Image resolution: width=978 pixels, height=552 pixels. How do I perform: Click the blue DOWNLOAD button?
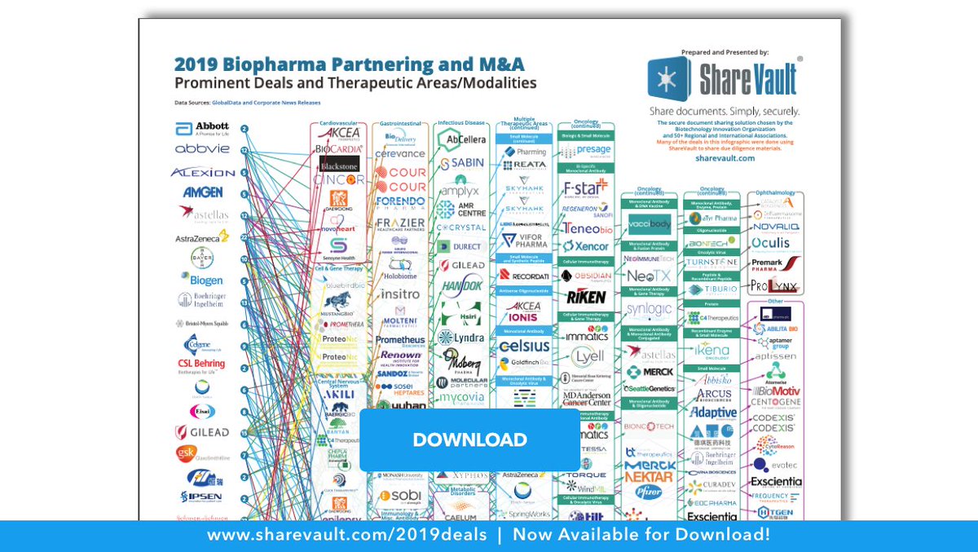pyautogui.click(x=469, y=439)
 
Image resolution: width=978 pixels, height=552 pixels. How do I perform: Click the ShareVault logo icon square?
pyautogui.click(x=669, y=78)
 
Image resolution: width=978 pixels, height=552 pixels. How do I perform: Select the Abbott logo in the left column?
pyautogui.click(x=201, y=129)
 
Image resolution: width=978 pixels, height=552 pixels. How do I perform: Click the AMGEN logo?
pyautogui.click(x=202, y=192)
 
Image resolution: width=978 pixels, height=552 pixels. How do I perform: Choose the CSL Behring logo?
pyautogui.click(x=201, y=364)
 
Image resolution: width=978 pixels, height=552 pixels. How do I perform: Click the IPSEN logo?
pyautogui.click(x=201, y=496)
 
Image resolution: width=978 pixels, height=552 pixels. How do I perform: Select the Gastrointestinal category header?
pyautogui.click(x=399, y=123)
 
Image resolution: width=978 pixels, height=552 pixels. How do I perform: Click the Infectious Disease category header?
pyautogui.click(x=461, y=123)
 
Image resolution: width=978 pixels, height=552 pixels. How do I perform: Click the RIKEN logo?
pyautogui.click(x=586, y=296)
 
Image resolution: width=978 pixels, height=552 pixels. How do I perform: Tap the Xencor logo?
pyautogui.click(x=586, y=245)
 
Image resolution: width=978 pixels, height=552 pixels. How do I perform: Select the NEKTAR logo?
pyautogui.click(x=649, y=476)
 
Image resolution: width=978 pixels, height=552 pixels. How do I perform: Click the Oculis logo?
pyautogui.click(x=770, y=243)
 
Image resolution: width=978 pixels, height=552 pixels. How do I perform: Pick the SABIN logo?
pyautogui.click(x=462, y=163)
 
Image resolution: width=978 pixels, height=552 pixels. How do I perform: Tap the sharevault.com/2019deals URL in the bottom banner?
pyautogui.click(x=346, y=536)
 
